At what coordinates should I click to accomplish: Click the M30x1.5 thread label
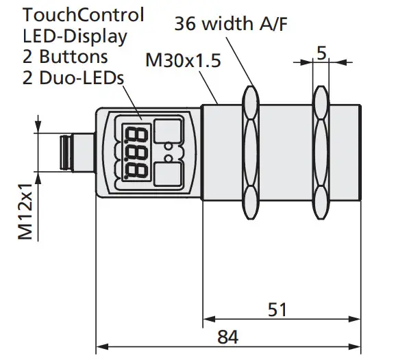pos(183,61)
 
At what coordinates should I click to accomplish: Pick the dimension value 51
pos(276,309)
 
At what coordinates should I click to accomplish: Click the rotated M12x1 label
pos(26,213)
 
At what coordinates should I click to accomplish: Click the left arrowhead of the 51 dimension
pos(207,319)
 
